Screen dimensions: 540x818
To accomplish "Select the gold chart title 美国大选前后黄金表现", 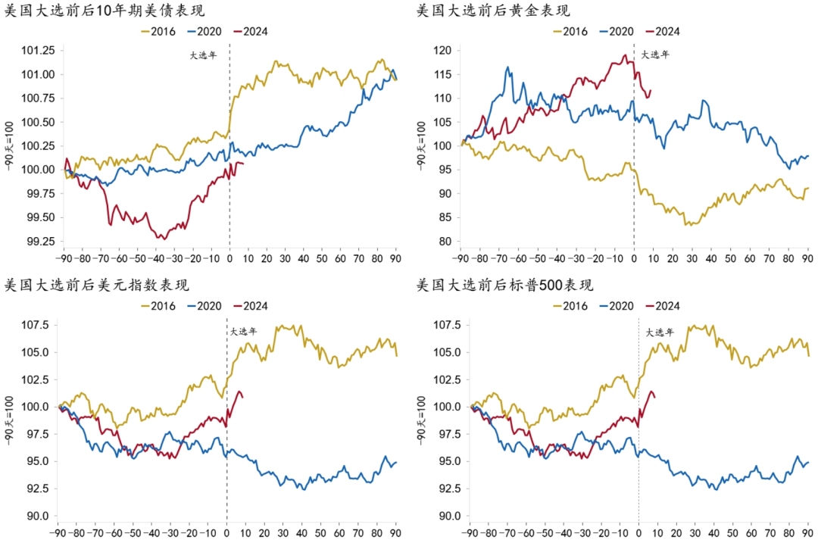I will [493, 11].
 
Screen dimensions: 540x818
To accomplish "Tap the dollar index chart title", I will [97, 286].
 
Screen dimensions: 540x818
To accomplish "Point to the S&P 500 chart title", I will [505, 286].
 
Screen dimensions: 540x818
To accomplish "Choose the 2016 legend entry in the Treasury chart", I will [159, 32].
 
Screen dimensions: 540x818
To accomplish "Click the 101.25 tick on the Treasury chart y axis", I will [39, 51].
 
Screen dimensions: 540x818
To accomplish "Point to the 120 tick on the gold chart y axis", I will [442, 51].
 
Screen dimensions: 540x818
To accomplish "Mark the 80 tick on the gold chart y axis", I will [445, 242].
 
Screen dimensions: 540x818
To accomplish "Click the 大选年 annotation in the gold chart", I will [656, 55].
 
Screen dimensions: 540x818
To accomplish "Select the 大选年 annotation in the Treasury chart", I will [203, 55].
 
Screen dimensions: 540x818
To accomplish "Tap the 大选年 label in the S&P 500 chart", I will [660, 332].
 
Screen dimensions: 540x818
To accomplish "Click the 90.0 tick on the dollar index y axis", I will [39, 516].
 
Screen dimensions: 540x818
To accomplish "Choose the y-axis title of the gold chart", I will [422, 145].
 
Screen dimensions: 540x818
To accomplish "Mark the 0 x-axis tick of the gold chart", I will [634, 258].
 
